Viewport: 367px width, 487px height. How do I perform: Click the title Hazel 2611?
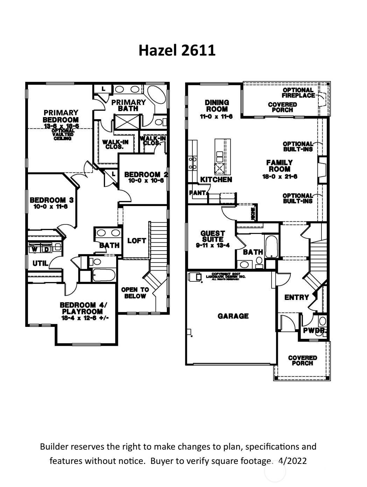177,50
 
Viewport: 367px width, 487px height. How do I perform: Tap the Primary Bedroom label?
61,116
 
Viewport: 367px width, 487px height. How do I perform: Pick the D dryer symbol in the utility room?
46,249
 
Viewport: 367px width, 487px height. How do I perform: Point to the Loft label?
136,241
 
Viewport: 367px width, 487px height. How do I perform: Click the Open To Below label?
135,293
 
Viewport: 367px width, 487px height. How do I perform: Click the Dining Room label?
217,106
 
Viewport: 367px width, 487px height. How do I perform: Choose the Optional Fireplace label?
298,93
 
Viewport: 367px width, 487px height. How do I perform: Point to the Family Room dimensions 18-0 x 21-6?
280,177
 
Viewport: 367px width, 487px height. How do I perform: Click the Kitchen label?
216,180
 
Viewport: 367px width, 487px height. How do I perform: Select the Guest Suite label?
212,236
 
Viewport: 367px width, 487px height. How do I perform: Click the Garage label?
233,316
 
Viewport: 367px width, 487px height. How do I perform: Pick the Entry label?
296,298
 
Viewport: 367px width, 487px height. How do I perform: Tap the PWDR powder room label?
314,330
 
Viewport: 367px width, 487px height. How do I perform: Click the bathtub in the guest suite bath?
271,246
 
